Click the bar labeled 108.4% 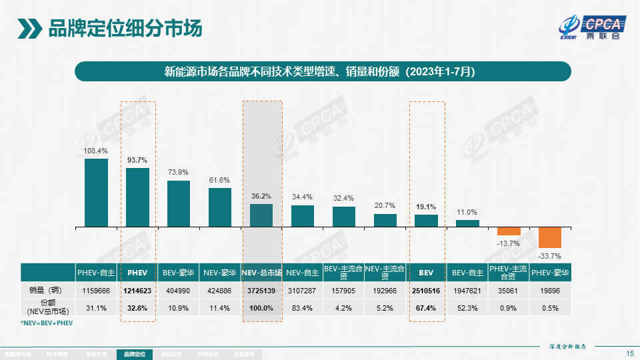point(96,192)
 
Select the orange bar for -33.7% point(550,237)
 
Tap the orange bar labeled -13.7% point(509,231)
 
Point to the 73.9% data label point(179,172)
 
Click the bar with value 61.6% point(220,207)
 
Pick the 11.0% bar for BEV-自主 point(467,223)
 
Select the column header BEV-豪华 point(179,273)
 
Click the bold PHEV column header point(137,273)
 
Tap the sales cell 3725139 point(262,291)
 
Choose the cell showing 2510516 point(426,291)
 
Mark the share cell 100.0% point(262,307)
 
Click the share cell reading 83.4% point(303,307)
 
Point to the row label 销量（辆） point(48,291)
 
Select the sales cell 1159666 point(96,291)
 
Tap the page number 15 point(630,353)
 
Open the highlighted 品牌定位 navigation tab point(134,355)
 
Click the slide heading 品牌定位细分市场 point(125,29)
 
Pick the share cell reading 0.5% point(550,307)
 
